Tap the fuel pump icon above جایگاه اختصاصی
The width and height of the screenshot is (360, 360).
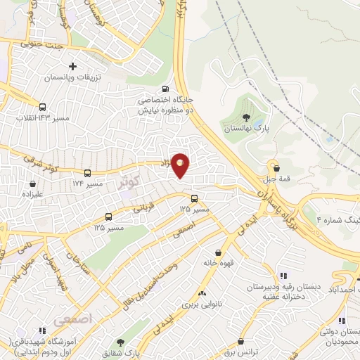(x=165, y=89)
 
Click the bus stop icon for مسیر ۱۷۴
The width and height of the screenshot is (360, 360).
(x=87, y=172)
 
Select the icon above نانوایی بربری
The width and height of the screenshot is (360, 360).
(x=202, y=293)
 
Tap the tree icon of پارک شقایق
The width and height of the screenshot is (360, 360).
(x=121, y=342)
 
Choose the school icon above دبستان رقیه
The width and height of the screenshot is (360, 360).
(x=283, y=276)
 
